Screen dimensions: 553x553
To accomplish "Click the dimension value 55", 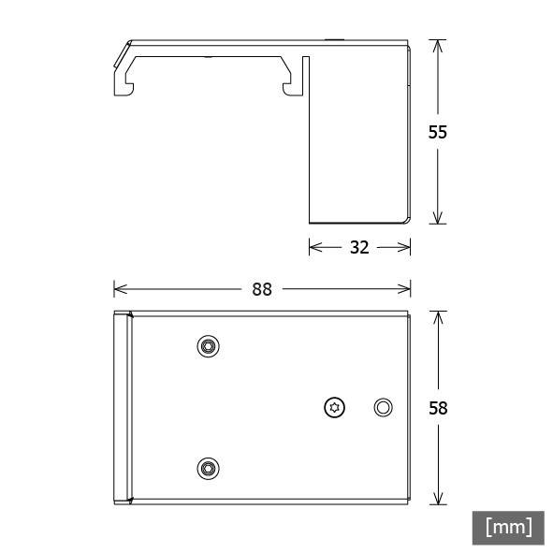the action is [x=437, y=132].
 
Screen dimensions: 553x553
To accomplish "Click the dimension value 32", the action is [x=359, y=247].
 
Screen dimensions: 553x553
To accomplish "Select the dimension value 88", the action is [x=262, y=289].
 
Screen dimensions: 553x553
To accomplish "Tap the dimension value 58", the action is [x=438, y=408].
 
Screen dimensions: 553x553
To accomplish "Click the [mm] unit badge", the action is [x=508, y=528].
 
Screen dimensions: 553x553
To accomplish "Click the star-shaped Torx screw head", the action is [x=334, y=408].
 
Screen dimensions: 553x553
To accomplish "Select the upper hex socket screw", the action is [x=208, y=346].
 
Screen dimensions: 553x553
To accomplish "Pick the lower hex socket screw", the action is [x=208, y=469].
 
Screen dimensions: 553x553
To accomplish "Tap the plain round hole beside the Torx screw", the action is [x=383, y=408].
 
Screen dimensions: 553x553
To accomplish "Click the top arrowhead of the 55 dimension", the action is [x=438, y=46].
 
